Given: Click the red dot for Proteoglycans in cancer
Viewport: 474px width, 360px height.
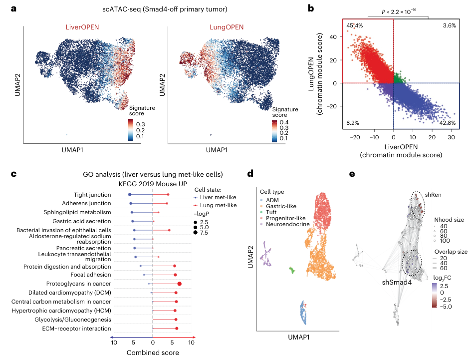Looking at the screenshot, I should (179, 284).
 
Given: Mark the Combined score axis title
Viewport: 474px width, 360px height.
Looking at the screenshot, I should (153, 353).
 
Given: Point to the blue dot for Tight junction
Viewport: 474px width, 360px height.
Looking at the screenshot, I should (130, 194).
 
